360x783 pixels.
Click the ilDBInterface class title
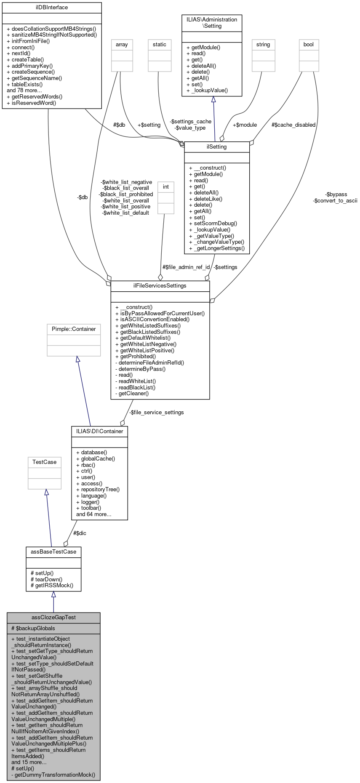(x=52, y=7)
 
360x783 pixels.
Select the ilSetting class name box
(x=217, y=146)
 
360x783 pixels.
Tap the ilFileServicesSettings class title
(x=160, y=285)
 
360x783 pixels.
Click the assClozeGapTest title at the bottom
(x=53, y=617)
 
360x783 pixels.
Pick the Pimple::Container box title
(x=74, y=329)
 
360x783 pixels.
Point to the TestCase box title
(x=45, y=462)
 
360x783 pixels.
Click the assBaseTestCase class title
(x=53, y=551)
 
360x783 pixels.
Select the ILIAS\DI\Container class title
(x=100, y=431)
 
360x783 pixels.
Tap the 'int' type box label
(x=166, y=186)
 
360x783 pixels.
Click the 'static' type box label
(x=160, y=44)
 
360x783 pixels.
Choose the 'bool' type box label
(x=309, y=44)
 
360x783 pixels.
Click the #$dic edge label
(x=80, y=533)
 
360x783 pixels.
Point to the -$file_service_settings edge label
(x=156, y=412)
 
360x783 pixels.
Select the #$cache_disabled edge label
(x=293, y=125)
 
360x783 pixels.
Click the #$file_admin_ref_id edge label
(x=186, y=267)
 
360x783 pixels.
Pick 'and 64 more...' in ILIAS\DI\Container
(x=93, y=514)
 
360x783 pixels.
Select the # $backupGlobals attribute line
(x=33, y=628)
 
